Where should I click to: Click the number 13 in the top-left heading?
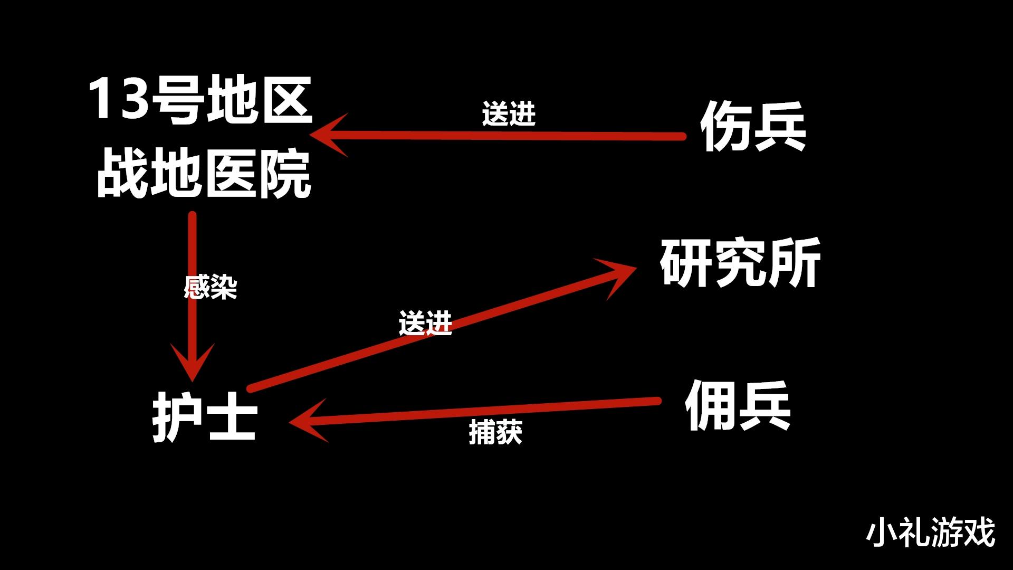(118, 99)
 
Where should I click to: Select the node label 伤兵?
(753, 126)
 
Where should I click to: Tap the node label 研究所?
(740, 263)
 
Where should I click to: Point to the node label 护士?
(205, 417)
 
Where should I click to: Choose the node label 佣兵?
(738, 406)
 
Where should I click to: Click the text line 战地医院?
(204, 174)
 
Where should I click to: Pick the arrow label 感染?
(211, 287)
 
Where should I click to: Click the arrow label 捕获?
(495, 432)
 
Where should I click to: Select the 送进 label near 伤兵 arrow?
(509, 113)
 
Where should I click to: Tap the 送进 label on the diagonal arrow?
(425, 323)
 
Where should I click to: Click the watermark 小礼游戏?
(931, 532)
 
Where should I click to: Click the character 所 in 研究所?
(795, 263)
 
